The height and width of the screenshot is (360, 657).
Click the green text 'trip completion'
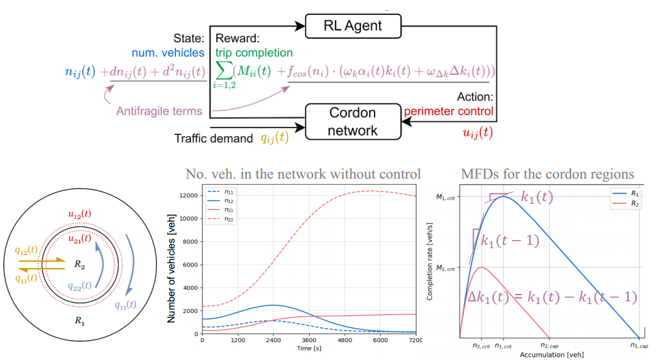254,52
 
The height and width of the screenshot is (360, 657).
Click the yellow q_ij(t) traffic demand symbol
275,137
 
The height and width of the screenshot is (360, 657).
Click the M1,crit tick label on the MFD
447,197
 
